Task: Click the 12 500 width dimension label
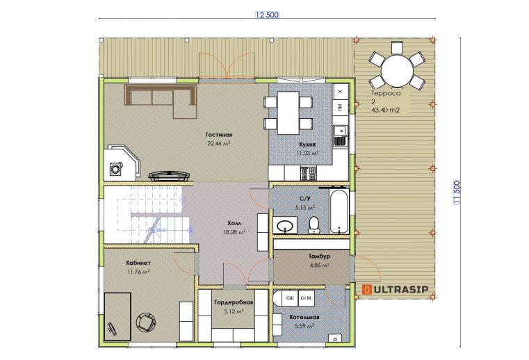tap(267, 15)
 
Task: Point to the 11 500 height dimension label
tap(457, 193)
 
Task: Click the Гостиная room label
tap(218, 135)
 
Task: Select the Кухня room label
tap(307, 145)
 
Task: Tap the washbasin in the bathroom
tap(285, 225)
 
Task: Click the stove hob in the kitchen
tap(309, 174)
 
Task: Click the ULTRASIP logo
tap(395, 289)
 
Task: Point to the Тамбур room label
tap(319, 256)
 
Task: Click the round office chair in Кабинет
tap(146, 323)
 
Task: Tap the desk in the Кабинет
tap(117, 317)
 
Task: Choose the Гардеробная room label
tap(234, 302)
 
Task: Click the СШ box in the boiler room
tap(290, 298)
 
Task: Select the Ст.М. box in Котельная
tap(307, 298)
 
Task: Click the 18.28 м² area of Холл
tap(234, 232)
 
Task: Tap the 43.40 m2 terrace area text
tap(385, 110)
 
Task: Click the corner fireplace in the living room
tap(122, 163)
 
